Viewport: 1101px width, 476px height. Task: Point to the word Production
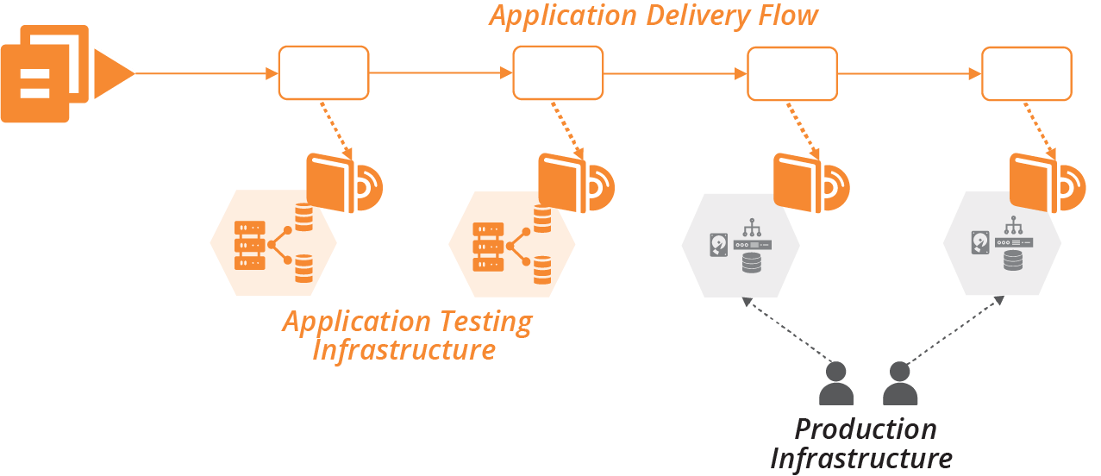(x=865, y=429)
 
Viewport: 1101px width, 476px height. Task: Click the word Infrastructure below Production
(x=860, y=458)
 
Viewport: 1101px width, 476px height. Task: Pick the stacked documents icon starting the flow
(x=45, y=74)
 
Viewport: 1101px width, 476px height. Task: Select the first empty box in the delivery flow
(x=323, y=73)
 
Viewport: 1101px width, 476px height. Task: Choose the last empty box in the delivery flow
(x=1027, y=73)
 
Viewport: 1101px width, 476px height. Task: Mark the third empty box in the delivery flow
(x=791, y=73)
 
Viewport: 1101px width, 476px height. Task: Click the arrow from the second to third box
(x=674, y=74)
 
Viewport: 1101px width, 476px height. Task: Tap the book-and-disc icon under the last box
(x=1046, y=182)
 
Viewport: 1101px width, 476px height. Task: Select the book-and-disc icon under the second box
(x=575, y=182)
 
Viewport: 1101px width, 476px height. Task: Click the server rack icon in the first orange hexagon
(x=249, y=245)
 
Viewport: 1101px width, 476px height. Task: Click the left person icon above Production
(x=835, y=385)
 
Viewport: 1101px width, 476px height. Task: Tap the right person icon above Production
(x=899, y=385)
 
